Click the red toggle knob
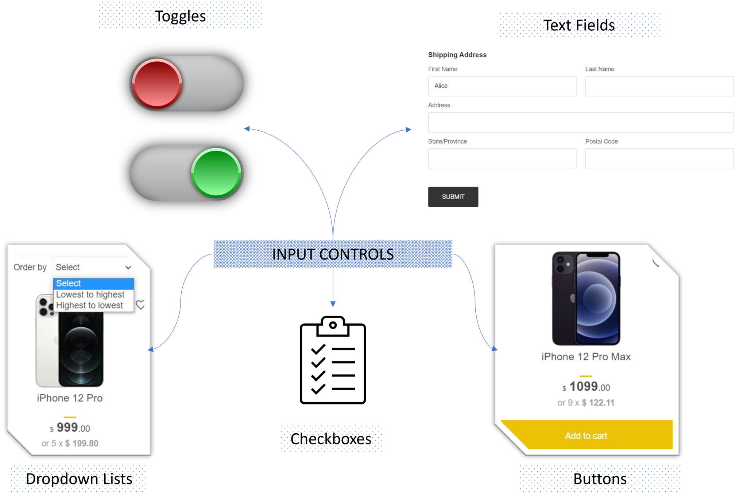(157, 84)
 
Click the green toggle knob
(216, 173)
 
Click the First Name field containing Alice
(502, 86)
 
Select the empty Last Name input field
(659, 86)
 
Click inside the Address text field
(580, 122)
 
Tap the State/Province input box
(502, 158)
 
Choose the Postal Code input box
(659, 158)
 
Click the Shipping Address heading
(457, 55)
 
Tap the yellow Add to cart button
(586, 435)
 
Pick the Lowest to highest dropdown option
(90, 295)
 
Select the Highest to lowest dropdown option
(90, 305)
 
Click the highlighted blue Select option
(93, 284)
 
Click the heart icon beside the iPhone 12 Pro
(140, 304)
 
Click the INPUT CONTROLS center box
(333, 254)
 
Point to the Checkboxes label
(331, 438)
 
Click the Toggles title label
(180, 16)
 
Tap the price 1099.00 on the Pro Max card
(586, 387)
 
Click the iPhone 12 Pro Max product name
(586, 357)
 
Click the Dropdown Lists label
(79, 479)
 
